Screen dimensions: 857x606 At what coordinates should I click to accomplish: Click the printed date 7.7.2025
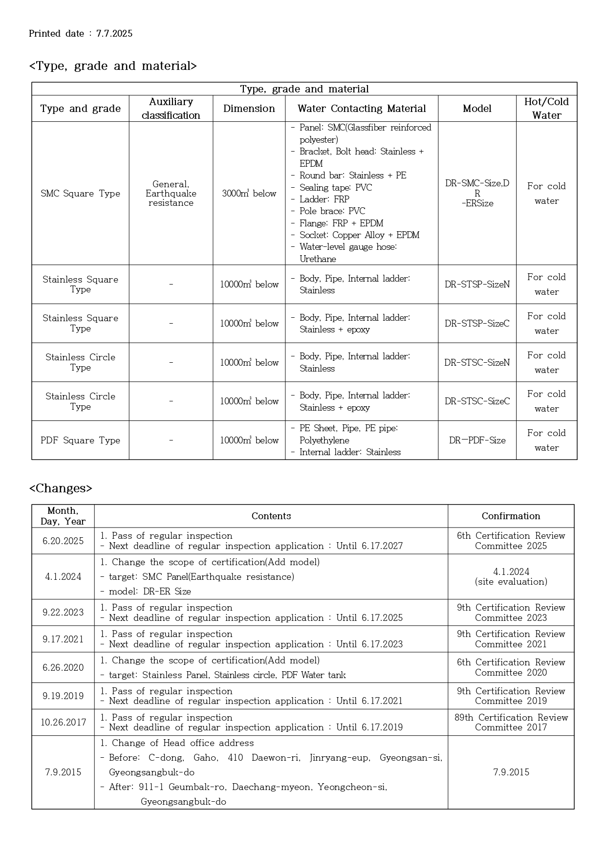[114, 34]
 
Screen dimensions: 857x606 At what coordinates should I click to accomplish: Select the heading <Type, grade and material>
[113, 66]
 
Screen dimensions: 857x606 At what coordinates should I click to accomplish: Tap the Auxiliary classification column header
[171, 109]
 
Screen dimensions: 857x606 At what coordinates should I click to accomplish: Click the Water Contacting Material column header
[362, 109]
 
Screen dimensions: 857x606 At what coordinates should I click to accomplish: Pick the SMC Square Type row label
[80, 194]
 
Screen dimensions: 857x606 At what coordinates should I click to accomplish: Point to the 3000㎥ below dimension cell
[249, 194]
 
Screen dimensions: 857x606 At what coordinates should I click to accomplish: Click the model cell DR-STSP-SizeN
[477, 285]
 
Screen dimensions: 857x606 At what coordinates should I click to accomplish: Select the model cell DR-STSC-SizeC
[477, 401]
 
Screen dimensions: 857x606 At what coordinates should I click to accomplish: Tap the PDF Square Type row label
[80, 440]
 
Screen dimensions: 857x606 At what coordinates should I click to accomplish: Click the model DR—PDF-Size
[477, 440]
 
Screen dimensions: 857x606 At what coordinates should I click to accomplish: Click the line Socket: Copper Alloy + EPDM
[359, 235]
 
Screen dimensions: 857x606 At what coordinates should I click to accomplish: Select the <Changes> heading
[61, 488]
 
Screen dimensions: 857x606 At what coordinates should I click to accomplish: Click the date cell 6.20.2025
[63, 541]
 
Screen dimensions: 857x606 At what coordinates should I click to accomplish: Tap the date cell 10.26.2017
[63, 723]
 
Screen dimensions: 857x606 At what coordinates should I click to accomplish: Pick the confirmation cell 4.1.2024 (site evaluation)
[511, 577]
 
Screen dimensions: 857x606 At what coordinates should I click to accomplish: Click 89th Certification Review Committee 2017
[511, 723]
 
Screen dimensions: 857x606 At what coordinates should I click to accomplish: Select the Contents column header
[271, 516]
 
